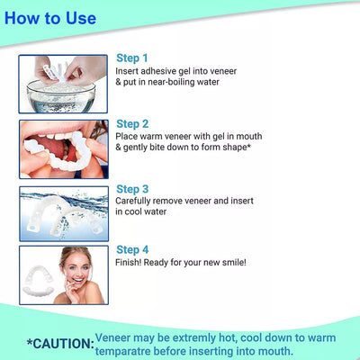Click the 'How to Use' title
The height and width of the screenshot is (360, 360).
(x=50, y=18)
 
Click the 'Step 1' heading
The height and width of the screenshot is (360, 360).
(x=132, y=58)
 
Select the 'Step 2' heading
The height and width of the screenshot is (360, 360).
(x=132, y=124)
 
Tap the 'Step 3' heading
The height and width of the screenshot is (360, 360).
(x=132, y=189)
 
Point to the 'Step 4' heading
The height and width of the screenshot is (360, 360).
(x=132, y=249)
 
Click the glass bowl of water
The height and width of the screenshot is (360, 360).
(x=61, y=95)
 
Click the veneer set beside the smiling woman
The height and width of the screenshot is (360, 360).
(x=38, y=282)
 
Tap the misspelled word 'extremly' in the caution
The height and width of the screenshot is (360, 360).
(x=194, y=338)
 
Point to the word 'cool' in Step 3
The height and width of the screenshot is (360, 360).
(x=133, y=211)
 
